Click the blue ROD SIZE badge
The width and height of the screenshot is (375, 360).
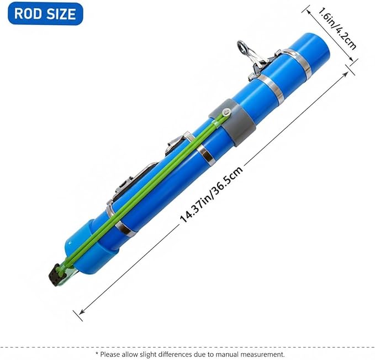[45, 13]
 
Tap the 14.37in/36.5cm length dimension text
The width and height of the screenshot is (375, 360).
[212, 194]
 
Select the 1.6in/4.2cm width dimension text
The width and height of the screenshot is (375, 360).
[337, 29]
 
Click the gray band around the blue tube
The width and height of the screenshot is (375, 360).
[233, 122]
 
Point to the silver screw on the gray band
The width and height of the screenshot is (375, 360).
[226, 112]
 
